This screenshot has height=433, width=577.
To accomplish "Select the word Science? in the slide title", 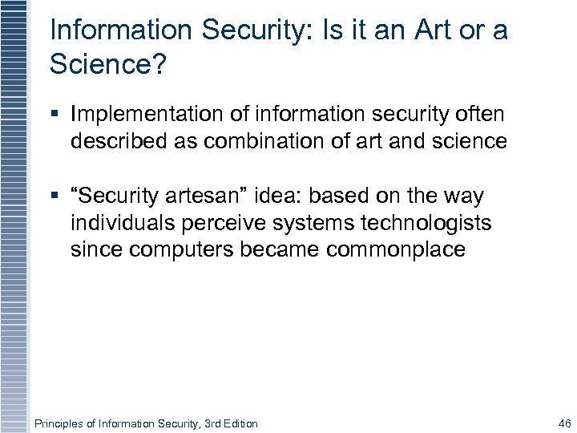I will [x=107, y=64].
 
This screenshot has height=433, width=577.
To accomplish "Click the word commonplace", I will [x=395, y=249].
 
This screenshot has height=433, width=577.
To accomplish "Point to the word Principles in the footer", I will [x=58, y=423].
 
